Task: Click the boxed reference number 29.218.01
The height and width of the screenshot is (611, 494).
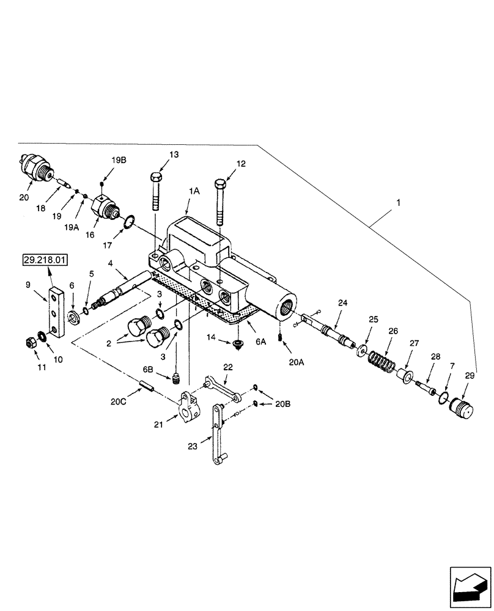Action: (46, 260)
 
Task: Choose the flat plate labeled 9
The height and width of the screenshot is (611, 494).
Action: (54, 310)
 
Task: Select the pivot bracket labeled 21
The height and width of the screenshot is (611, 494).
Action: (188, 407)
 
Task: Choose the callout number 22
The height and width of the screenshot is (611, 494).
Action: (228, 367)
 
